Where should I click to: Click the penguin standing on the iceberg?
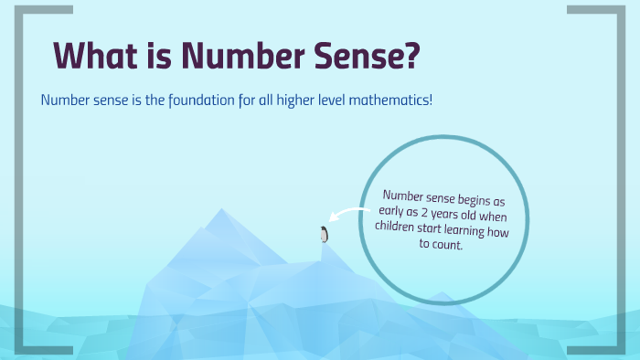(323, 234)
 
